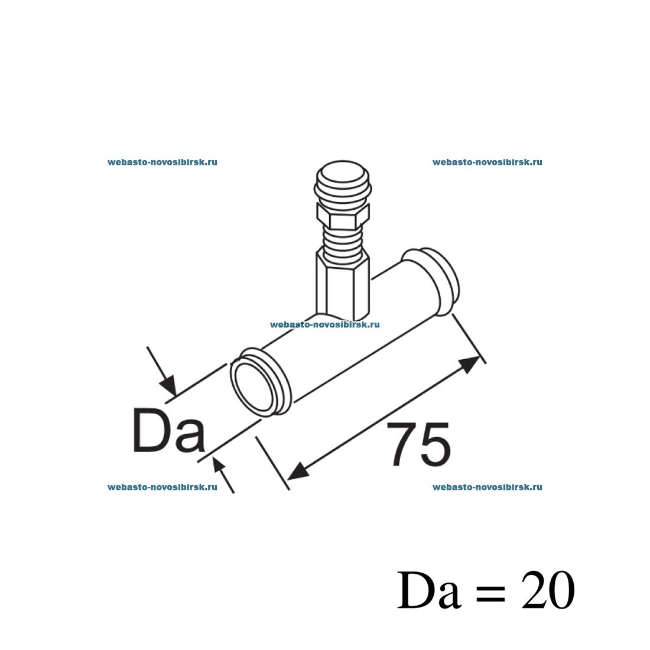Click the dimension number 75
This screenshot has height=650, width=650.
click(x=419, y=444)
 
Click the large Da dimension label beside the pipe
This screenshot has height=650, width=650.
click(x=169, y=430)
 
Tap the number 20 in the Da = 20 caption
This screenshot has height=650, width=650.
click(x=548, y=590)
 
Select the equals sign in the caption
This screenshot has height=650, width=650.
click(x=491, y=592)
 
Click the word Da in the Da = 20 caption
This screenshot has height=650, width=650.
click(x=429, y=590)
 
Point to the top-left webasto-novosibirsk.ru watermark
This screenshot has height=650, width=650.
click(x=162, y=162)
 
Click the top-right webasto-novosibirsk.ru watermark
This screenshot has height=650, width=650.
click(x=487, y=162)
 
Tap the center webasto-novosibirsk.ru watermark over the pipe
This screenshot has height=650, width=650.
click(x=324, y=324)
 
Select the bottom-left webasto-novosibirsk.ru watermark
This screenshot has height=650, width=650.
click(x=162, y=487)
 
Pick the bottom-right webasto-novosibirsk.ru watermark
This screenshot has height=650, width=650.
click(x=487, y=487)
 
